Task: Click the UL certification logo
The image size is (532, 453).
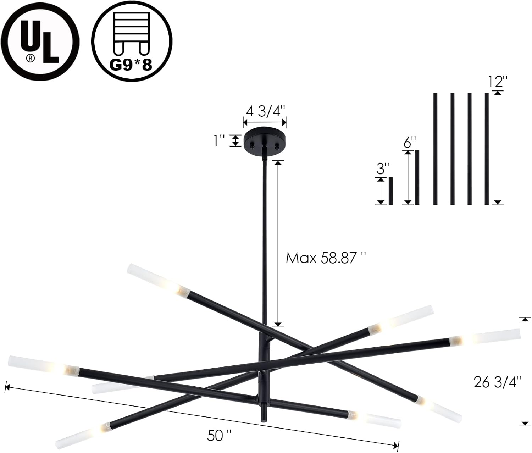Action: [40, 42]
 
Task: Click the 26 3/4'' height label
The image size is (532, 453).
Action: [496, 382]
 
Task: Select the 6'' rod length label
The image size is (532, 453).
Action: [410, 142]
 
